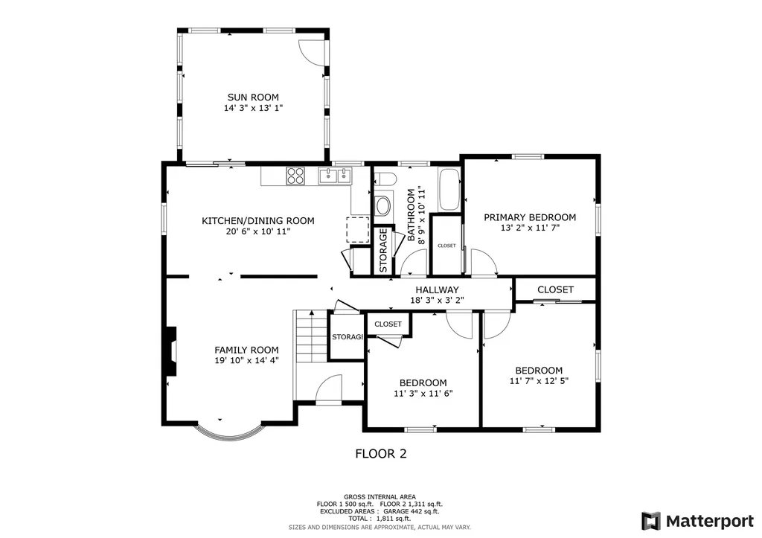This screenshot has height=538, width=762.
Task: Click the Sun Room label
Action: [253, 97]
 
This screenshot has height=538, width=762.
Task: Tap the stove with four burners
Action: [295, 176]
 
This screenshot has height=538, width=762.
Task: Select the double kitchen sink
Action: [335, 176]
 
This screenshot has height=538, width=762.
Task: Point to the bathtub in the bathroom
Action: [449, 190]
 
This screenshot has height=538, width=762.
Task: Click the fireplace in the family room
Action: [171, 353]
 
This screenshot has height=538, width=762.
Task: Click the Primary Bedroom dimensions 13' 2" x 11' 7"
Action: [530, 228]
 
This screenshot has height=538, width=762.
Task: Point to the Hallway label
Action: [437, 289]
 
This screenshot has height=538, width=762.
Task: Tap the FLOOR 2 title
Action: [380, 453]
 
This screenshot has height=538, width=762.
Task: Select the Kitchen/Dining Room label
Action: [257, 220]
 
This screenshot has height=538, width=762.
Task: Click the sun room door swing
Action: [313, 51]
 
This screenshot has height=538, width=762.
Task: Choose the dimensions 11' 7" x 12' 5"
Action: [539, 382]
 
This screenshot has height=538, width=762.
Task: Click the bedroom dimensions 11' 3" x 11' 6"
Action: [423, 394]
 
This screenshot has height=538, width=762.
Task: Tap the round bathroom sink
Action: [383, 205]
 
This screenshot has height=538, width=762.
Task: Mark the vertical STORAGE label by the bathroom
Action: [383, 250]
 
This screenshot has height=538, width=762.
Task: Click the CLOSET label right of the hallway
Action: [555, 289]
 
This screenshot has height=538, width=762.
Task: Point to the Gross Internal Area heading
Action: [380, 496]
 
